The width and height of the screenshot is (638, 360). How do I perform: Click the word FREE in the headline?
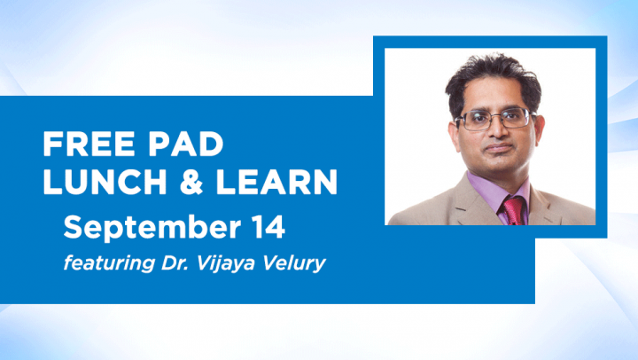point(89,144)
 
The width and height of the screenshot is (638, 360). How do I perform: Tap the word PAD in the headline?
point(186,144)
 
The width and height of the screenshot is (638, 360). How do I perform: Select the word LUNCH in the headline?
point(105,181)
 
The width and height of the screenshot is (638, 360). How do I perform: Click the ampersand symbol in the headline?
point(191,181)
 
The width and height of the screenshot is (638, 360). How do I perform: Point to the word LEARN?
point(276,181)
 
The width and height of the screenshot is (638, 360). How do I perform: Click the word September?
point(152,229)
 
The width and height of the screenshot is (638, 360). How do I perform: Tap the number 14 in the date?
point(268,227)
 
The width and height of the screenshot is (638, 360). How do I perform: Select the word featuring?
point(110,263)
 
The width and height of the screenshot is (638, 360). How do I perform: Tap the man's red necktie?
point(513,210)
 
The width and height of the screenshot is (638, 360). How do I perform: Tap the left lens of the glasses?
point(474,121)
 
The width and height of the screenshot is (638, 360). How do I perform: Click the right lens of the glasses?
point(515,117)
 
